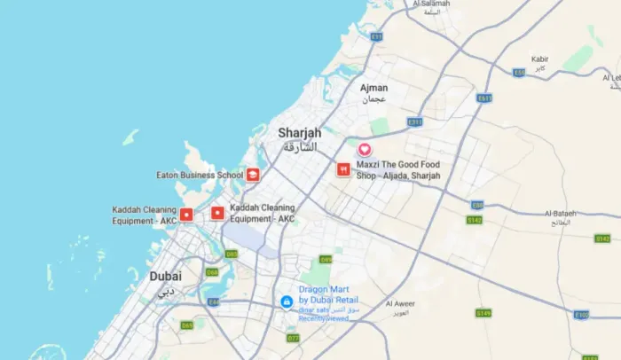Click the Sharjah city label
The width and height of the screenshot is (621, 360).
point(299,133)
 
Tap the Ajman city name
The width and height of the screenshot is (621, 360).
point(373,88)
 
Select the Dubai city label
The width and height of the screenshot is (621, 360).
point(165,276)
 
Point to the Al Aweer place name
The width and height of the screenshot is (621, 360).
point(401,304)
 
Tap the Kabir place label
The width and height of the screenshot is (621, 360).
point(539,59)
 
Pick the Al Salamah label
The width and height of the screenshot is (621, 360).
point(432,4)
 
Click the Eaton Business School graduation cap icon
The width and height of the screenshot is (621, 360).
point(254,175)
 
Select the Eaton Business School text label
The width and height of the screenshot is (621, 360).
point(200,175)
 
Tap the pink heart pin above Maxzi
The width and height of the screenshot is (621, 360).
point(364,150)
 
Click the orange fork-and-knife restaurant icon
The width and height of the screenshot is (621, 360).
point(342,169)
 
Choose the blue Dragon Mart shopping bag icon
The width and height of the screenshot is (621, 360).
point(286,302)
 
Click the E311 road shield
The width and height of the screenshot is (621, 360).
point(414,121)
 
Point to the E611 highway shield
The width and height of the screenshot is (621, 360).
point(483,98)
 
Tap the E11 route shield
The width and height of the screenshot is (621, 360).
point(377,36)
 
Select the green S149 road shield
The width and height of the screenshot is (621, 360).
point(483,313)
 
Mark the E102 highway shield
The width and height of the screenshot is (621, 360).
point(581,315)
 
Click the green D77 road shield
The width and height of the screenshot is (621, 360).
point(293,338)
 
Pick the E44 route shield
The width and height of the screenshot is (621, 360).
point(213,302)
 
